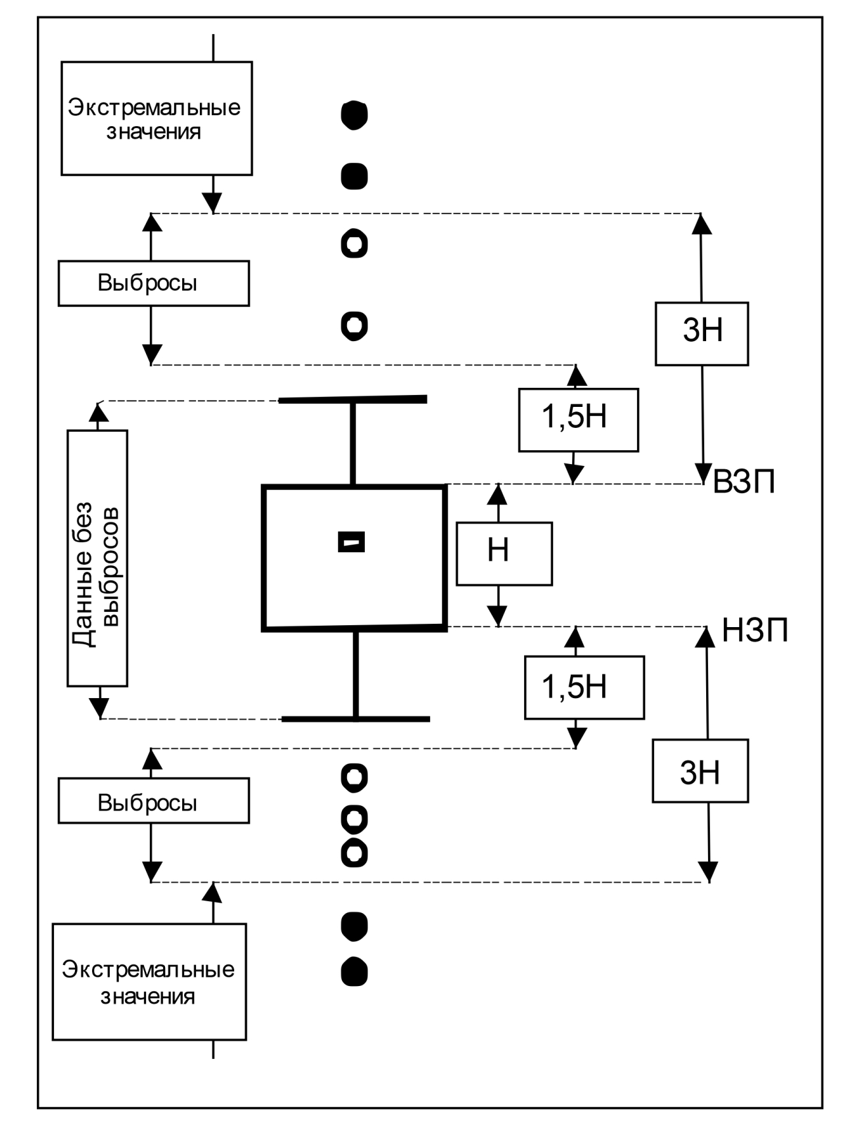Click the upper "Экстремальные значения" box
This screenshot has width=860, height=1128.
(x=156, y=118)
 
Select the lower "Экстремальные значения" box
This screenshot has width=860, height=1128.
(x=149, y=981)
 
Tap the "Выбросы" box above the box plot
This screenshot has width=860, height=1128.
(x=153, y=283)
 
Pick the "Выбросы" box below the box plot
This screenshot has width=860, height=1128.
(x=153, y=801)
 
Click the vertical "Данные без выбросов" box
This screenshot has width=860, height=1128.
(x=97, y=558)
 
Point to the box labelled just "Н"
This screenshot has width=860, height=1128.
(x=504, y=553)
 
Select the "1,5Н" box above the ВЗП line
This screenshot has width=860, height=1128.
(x=578, y=419)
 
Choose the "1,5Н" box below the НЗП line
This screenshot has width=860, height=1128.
(x=584, y=687)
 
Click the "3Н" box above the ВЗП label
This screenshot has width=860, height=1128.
(x=702, y=333)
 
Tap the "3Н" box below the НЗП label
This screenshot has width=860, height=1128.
(x=700, y=770)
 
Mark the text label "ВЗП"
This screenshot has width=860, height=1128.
(x=744, y=482)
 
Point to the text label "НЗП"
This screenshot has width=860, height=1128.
(x=755, y=630)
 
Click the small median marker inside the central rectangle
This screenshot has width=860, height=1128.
(x=351, y=542)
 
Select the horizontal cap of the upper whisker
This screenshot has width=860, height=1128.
(x=353, y=400)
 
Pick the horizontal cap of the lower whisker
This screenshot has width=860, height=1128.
(x=356, y=719)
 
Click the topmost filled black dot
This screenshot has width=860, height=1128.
(x=354, y=115)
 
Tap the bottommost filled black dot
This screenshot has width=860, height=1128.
(x=354, y=972)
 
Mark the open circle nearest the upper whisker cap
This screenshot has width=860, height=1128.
(x=354, y=325)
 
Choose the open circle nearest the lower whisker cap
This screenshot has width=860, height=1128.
(x=354, y=778)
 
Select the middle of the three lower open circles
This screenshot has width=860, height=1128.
(x=354, y=818)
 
